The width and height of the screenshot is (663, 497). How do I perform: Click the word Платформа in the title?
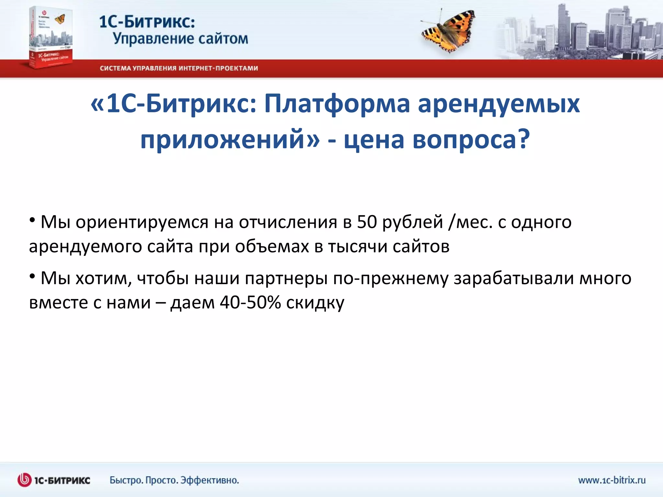337,104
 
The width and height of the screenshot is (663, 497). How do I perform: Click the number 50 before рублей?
367,222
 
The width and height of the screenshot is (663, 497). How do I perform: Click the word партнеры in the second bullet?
286,279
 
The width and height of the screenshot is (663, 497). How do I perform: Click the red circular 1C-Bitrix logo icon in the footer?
25,480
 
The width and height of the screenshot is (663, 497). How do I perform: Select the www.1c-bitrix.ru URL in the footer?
612,480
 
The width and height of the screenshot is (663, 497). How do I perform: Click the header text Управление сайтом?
180,39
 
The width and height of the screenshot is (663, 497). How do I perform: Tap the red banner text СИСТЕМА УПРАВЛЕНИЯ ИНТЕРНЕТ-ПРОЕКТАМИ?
179,68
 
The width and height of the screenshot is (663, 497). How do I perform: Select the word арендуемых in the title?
498,104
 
